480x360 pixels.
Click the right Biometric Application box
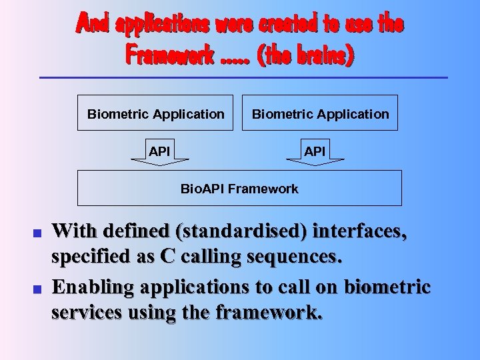coord(320,113)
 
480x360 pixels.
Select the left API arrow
coord(159,152)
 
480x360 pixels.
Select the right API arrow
coord(315,152)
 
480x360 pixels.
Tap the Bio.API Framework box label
coord(239,189)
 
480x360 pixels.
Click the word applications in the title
coord(163,24)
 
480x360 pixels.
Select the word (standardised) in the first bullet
coord(241,231)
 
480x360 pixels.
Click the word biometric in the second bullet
coord(387,287)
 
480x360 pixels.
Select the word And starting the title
coord(93,24)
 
